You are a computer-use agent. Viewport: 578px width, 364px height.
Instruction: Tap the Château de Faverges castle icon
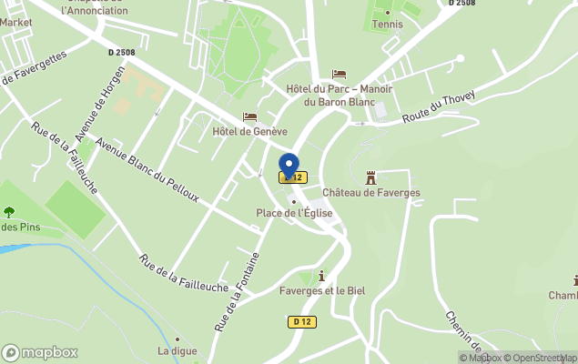point(370,177)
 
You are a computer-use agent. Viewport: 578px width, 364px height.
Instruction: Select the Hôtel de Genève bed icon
point(249,117)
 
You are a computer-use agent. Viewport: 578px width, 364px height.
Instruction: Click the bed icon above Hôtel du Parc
point(339,74)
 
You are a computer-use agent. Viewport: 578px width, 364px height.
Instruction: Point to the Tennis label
point(389,25)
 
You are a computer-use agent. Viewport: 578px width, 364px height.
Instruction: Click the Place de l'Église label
point(294,213)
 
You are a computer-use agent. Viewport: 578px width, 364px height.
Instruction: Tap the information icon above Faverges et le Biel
point(321,276)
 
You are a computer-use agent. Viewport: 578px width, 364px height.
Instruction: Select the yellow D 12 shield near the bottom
point(302,321)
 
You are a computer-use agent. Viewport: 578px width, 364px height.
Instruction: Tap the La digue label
point(177,350)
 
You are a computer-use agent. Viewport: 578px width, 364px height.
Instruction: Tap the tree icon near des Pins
point(9,213)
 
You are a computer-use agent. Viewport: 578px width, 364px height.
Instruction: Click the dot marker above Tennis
point(389,12)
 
